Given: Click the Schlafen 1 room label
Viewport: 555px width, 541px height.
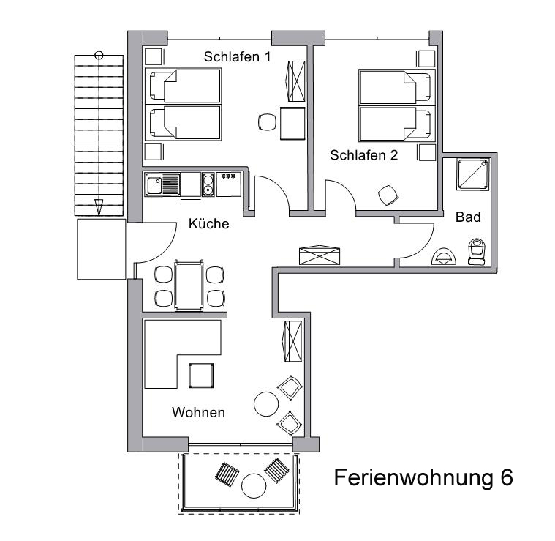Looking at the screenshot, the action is [237, 56].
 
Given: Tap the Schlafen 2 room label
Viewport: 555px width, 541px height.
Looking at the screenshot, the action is [364, 155].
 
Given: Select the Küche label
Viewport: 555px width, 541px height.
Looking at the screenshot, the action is [209, 223].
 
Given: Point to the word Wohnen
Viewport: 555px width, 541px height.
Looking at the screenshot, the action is [199, 412].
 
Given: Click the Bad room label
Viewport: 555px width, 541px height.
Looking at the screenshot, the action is [468, 217].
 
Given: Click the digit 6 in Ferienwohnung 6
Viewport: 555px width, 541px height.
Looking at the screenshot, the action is [507, 477].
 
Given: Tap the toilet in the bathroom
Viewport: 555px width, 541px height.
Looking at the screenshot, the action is [477, 252].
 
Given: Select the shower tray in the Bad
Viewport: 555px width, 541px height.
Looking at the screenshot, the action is [473, 174].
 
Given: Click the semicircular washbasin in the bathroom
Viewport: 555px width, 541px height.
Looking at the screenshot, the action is [444, 256].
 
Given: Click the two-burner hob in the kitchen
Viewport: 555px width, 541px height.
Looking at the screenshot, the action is [208, 184].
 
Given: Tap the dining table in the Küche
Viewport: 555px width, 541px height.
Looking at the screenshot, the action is [189, 286].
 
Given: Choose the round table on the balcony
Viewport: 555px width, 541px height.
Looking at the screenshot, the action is [254, 486].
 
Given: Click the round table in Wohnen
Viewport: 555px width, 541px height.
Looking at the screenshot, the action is [266, 404].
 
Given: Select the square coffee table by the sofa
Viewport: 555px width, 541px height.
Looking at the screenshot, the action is [201, 376].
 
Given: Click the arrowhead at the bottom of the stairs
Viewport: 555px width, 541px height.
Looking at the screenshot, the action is [99, 207].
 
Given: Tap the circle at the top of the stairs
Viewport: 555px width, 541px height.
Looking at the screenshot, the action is [99, 55].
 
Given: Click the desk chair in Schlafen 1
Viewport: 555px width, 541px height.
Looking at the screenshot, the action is [267, 122].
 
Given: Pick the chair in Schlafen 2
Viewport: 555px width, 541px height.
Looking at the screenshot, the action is [388, 195].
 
